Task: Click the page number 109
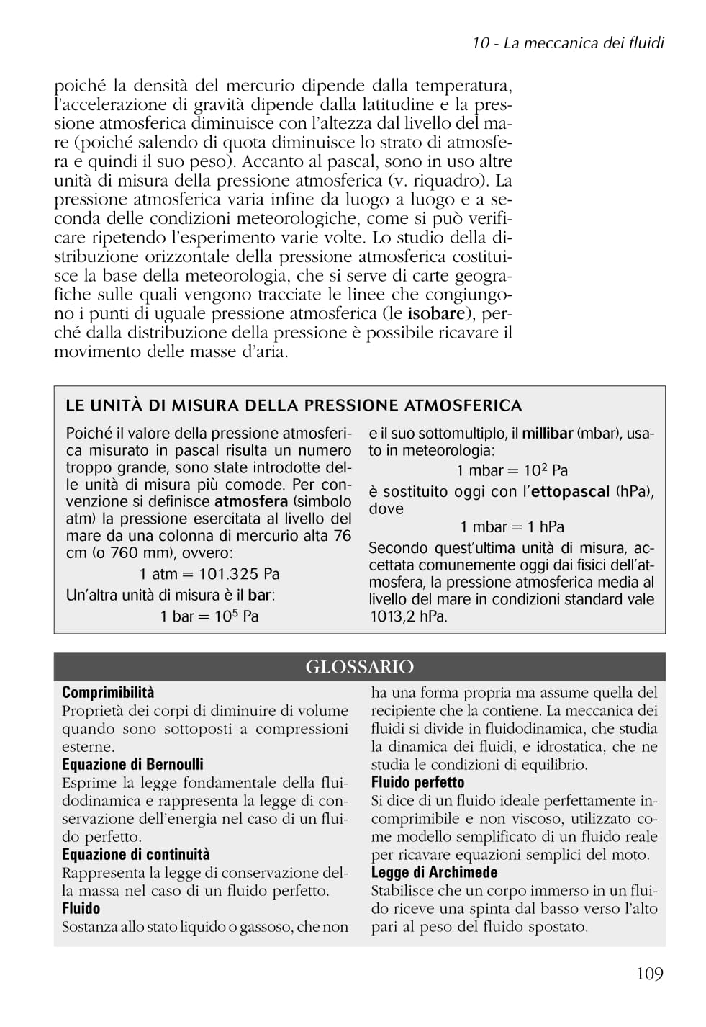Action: click(x=649, y=974)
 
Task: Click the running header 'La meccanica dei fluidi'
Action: click(x=583, y=42)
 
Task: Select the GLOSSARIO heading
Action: click(x=359, y=667)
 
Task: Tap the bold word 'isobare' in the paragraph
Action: click(x=435, y=313)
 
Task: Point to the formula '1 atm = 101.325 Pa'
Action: click(x=209, y=574)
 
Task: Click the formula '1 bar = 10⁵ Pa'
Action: click(x=209, y=616)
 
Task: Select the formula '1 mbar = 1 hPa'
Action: click(x=512, y=526)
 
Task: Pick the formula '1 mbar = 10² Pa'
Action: click(x=512, y=470)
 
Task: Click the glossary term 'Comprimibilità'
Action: click(x=108, y=693)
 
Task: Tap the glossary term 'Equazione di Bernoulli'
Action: click(x=132, y=765)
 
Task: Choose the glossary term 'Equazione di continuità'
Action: click(x=136, y=855)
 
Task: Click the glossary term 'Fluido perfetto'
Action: click(x=417, y=783)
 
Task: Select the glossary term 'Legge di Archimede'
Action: click(x=434, y=873)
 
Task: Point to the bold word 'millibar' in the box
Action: click(x=547, y=434)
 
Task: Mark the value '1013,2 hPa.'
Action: click(x=408, y=616)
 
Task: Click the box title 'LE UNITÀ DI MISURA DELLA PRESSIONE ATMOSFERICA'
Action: click(x=294, y=405)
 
